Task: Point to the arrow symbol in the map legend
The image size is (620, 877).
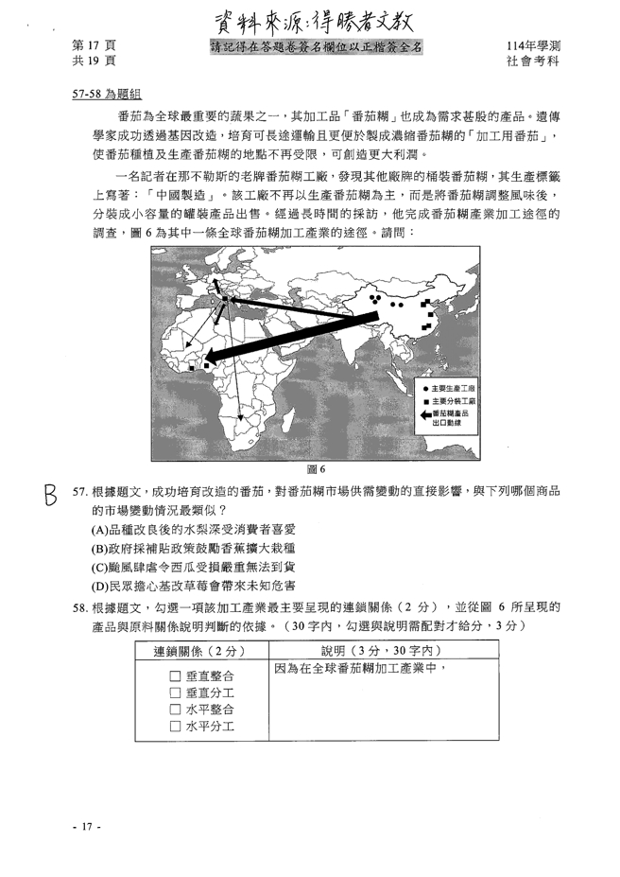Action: (424, 414)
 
